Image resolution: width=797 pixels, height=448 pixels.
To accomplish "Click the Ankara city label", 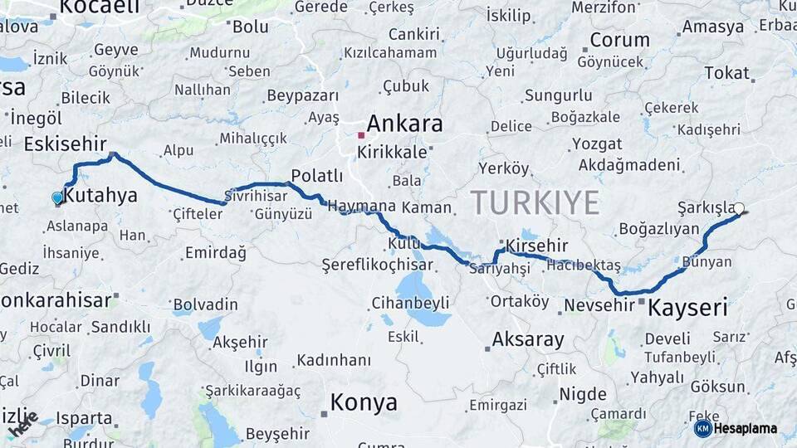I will (404, 124).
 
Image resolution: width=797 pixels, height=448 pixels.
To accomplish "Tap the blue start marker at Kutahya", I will (57, 198).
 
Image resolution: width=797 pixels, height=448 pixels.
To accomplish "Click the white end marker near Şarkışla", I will (739, 209).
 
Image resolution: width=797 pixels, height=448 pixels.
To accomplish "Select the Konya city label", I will (364, 403).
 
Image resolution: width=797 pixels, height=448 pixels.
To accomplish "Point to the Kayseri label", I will (687, 309).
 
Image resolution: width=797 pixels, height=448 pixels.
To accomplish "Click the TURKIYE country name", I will (535, 202).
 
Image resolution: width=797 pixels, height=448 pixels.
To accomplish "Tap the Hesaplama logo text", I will (746, 428).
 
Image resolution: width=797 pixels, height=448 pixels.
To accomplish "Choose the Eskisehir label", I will (66, 144).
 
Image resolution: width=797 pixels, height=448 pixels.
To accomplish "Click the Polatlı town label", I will (316, 176).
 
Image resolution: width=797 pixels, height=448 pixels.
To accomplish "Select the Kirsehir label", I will (536, 246).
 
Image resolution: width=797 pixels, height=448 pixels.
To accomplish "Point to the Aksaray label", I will (528, 339).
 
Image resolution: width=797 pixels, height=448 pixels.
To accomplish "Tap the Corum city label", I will (619, 40).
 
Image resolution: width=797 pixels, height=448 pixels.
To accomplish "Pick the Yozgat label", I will (597, 144).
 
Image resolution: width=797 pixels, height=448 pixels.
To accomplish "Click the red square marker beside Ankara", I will (360, 134).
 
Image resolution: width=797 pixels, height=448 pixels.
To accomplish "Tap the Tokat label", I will (726, 73).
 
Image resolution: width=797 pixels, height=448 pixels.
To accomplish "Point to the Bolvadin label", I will (205, 304).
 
